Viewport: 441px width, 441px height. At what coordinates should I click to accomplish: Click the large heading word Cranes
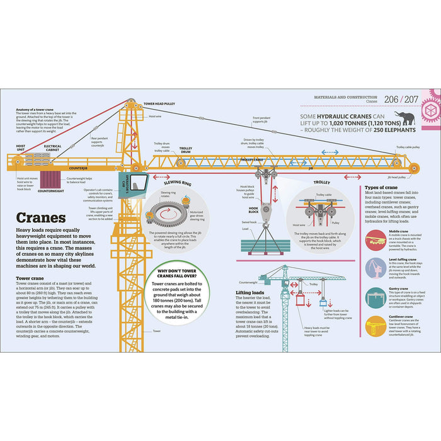[x=42, y=218]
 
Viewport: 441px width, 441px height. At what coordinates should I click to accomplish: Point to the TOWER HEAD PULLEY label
[x=159, y=103]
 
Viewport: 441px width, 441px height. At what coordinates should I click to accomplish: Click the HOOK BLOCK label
[x=253, y=209]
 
